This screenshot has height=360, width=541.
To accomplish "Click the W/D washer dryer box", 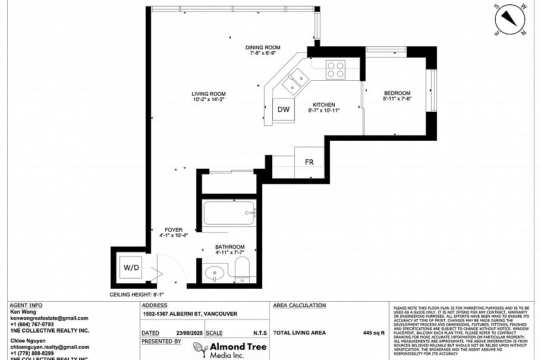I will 131,268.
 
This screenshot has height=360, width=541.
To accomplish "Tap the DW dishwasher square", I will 284,109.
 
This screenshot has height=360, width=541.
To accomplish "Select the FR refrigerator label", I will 309,162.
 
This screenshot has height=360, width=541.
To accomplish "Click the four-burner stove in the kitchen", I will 336,70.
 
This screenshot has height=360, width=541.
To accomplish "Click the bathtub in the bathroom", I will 229,213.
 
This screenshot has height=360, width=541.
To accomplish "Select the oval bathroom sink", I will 214,274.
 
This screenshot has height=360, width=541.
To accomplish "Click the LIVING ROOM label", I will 208,94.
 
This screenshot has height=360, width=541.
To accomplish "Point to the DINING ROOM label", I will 263,48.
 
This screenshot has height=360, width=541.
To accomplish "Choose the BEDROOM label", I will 397,93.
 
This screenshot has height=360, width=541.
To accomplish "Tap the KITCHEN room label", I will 324,105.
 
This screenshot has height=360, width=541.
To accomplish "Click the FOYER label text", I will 174,230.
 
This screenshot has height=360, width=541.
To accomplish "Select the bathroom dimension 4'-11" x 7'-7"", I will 229,252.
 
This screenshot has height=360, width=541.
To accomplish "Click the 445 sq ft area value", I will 374,333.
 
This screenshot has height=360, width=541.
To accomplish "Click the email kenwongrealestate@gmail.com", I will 49,318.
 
